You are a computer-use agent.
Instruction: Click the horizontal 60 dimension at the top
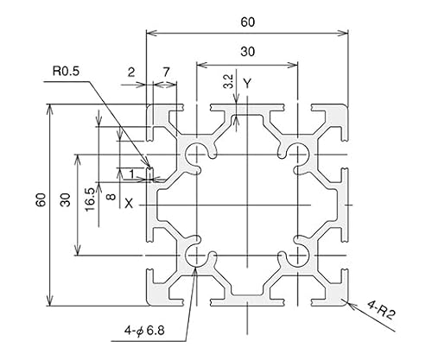click(x=248, y=22)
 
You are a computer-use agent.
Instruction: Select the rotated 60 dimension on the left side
click(x=41, y=199)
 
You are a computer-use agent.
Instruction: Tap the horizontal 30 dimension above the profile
click(x=248, y=52)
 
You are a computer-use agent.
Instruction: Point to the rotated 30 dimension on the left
click(x=66, y=199)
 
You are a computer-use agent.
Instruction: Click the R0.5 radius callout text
click(x=66, y=71)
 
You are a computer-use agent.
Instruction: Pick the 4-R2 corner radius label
click(x=381, y=310)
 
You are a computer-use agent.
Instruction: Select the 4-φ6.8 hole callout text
click(x=144, y=331)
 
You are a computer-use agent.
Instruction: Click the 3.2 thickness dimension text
click(x=229, y=81)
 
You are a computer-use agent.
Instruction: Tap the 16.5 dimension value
click(x=90, y=199)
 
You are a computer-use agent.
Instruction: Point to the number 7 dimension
click(x=166, y=73)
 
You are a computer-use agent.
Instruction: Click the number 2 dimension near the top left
click(x=131, y=73)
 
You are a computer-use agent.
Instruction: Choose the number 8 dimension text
click(x=111, y=197)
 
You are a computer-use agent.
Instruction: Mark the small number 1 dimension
click(x=131, y=174)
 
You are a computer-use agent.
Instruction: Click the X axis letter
click(x=129, y=204)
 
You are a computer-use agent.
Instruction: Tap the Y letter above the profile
click(x=247, y=84)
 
